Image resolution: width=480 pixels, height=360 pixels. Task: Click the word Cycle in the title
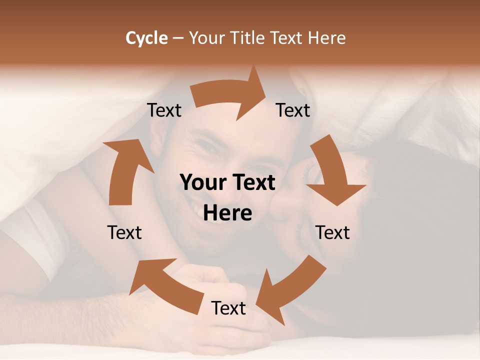(146, 38)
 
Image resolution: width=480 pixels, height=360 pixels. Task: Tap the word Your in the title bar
(205, 38)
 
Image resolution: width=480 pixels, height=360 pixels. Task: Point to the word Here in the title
(327, 38)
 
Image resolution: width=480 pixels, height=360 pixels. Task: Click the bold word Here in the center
(227, 213)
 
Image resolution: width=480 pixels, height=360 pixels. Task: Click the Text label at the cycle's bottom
(228, 308)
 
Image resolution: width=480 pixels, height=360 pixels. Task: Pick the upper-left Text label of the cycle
(164, 110)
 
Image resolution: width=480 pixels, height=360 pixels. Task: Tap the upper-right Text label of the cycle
(293, 110)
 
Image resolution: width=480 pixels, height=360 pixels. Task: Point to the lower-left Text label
(124, 232)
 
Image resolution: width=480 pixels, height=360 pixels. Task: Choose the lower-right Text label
(332, 232)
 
